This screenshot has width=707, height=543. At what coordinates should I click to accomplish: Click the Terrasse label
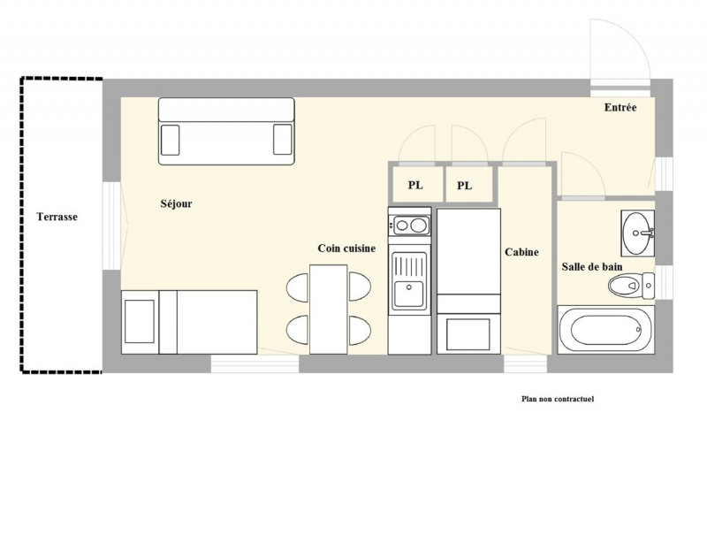pyautogui.click(x=57, y=217)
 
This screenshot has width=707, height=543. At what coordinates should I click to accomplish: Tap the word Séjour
pyautogui.click(x=176, y=203)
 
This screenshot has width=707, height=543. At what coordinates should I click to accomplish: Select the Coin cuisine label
pyautogui.click(x=346, y=249)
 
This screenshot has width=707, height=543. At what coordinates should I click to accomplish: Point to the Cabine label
pyautogui.click(x=521, y=252)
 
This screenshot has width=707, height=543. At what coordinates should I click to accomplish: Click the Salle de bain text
pyautogui.click(x=592, y=267)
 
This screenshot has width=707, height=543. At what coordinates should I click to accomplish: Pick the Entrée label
pyautogui.click(x=620, y=107)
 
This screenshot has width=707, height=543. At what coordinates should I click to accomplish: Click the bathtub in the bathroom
pyautogui.click(x=606, y=330)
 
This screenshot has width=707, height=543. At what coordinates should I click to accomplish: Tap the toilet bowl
pyautogui.click(x=631, y=286)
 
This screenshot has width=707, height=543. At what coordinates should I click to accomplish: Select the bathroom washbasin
pyautogui.click(x=637, y=233)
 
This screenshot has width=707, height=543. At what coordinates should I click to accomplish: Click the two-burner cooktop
pyautogui.click(x=409, y=226)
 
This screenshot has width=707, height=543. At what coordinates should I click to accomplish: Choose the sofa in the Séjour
pyautogui.click(x=226, y=132)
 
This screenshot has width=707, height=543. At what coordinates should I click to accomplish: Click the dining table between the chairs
pyautogui.click(x=328, y=310)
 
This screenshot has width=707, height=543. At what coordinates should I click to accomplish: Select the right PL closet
pyautogui.click(x=469, y=184)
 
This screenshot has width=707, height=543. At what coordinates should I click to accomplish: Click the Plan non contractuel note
pyautogui.click(x=558, y=399)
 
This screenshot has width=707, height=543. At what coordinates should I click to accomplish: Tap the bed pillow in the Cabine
pyautogui.click(x=468, y=334)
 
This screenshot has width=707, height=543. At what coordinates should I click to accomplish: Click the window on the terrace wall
pyautogui.click(x=111, y=226)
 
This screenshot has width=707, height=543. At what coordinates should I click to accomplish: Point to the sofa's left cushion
pyautogui.click(x=170, y=140)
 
